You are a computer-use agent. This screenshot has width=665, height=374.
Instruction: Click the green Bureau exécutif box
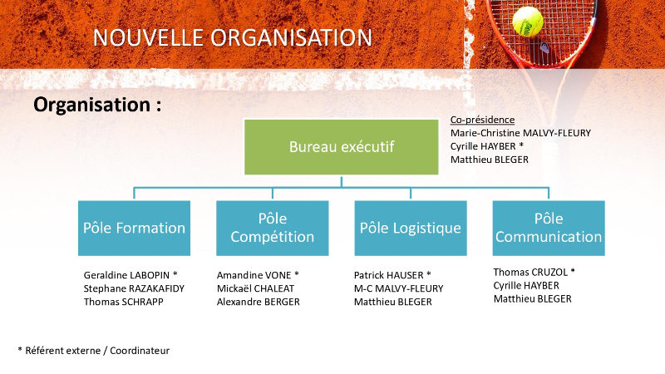(x=342, y=147)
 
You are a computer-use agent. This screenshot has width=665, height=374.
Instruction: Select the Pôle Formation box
(x=134, y=228)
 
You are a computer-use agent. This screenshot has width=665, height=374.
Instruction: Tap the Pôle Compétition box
(x=273, y=228)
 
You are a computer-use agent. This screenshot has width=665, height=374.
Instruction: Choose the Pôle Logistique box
(x=411, y=228)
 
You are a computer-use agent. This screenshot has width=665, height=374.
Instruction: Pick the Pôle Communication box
(x=549, y=228)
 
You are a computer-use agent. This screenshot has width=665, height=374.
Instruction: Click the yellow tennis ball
(x=528, y=22)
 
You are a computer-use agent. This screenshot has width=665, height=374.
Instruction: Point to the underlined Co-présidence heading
(x=483, y=120)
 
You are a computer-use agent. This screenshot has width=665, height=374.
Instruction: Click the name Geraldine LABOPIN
(x=126, y=275)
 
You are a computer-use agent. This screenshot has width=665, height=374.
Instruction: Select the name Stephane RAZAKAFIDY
(x=134, y=288)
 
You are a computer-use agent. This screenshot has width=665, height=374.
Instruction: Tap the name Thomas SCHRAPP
(x=123, y=302)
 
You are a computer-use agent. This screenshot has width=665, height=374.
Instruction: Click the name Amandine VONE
(x=254, y=275)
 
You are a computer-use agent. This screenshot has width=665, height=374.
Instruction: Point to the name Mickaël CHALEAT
(x=255, y=288)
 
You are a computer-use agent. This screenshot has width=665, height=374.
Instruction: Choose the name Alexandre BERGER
(x=259, y=302)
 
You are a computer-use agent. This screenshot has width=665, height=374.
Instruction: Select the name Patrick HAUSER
(x=389, y=275)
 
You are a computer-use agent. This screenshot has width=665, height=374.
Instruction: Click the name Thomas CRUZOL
(x=530, y=273)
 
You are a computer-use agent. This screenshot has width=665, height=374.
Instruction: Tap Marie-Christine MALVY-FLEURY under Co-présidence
(x=520, y=133)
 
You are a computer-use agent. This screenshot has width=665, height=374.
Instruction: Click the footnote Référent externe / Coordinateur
(x=97, y=351)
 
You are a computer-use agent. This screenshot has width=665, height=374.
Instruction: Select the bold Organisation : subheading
(x=97, y=105)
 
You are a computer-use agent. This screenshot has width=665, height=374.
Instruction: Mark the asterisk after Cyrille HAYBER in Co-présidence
(x=521, y=145)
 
